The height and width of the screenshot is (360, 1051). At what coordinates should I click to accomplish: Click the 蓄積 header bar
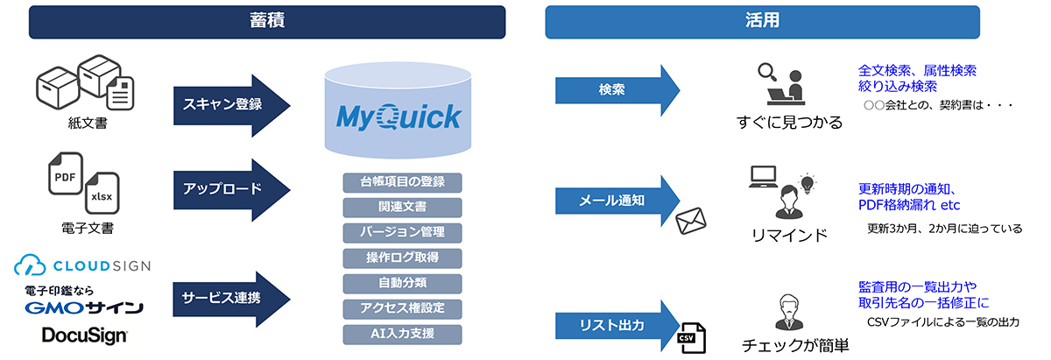pos(267,22)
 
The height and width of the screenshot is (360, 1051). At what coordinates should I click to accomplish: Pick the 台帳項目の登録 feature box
pos(402,182)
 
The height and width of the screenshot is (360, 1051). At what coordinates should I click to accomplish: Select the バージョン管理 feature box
pos(402,233)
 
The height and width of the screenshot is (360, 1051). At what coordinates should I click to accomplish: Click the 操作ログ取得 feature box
pos(402,258)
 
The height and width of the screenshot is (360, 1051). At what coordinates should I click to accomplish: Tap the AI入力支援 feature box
pos(402,334)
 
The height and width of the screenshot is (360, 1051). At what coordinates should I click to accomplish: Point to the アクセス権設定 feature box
pos(402,308)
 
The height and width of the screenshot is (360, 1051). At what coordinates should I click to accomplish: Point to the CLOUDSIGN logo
pos(82,265)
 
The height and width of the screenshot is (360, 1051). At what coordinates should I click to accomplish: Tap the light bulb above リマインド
pos(807,182)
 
